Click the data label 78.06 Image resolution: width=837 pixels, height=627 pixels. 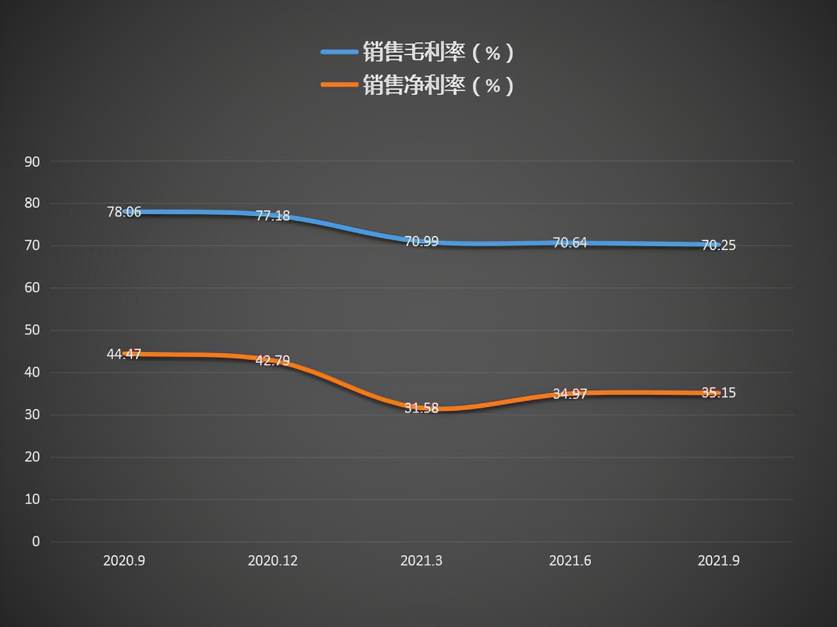(x=124, y=212)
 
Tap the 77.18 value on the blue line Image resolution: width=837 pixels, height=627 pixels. (x=272, y=216)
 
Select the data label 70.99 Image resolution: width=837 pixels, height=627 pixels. (x=421, y=242)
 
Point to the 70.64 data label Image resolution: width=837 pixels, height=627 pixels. (x=570, y=242)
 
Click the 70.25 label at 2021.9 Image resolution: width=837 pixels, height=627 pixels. (x=718, y=245)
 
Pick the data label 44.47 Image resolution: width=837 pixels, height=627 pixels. (x=124, y=354)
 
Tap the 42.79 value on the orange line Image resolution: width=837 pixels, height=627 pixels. (x=272, y=360)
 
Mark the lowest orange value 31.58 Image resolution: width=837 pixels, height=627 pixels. (x=421, y=408)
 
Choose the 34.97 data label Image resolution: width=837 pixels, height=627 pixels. (x=570, y=394)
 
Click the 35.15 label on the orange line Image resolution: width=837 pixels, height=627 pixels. (x=718, y=392)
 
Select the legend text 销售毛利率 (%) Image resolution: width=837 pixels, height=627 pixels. (x=438, y=53)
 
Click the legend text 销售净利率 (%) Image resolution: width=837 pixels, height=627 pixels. (x=438, y=85)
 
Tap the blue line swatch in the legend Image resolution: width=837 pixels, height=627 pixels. (x=339, y=53)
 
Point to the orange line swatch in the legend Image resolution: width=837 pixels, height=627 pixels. (x=339, y=85)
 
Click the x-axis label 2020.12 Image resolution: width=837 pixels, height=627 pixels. (x=272, y=561)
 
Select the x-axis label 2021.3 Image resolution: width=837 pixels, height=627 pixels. (x=421, y=561)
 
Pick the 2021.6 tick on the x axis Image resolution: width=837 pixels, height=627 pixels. (x=570, y=561)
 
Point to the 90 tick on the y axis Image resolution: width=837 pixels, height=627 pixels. (x=32, y=162)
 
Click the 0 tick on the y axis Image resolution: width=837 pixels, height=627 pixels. (x=36, y=542)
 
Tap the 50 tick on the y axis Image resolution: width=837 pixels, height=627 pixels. (x=32, y=330)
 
